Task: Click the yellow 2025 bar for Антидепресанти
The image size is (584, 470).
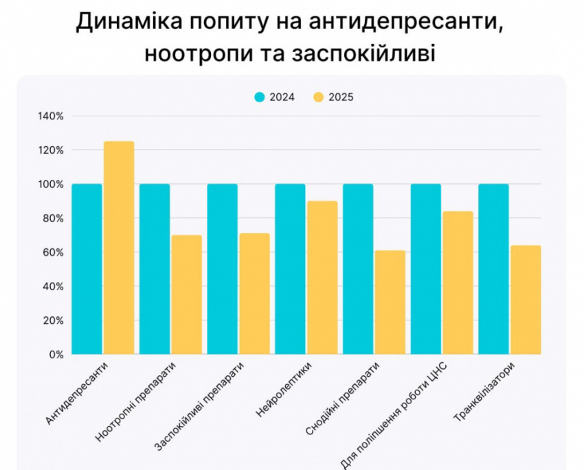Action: [119, 248]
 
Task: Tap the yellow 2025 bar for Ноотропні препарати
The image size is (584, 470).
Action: [186, 295]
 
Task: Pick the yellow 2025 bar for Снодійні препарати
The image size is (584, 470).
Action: [390, 303]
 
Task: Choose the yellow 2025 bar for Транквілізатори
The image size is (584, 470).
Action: [526, 300]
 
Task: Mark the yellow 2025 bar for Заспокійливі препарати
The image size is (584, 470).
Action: [254, 294]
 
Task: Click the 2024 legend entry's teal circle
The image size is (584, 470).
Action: [259, 97]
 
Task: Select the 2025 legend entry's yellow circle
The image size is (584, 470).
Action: [318, 97]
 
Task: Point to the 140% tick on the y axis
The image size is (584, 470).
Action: [51, 116]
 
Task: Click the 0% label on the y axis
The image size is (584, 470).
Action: [56, 355]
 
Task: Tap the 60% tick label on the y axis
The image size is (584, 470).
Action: [53, 252]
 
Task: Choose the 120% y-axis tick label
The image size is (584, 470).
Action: [51, 150]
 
